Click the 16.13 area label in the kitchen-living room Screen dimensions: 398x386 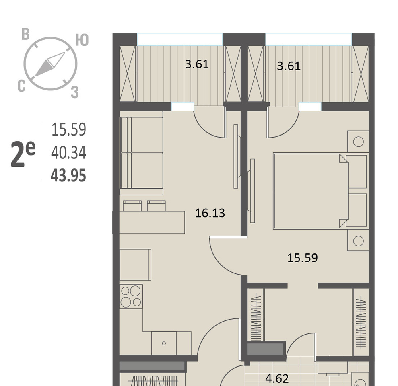click(x=210, y=213)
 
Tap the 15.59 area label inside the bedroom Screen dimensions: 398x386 click(x=302, y=258)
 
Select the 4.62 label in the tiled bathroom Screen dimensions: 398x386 click(x=277, y=379)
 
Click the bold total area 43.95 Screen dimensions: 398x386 click(x=68, y=175)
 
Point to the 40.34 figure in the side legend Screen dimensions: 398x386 click(x=68, y=152)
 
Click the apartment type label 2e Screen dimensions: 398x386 click(x=23, y=154)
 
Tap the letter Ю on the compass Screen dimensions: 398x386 click(x=82, y=40)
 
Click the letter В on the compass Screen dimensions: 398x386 click(x=25, y=34)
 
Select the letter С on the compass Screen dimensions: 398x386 click(x=22, y=86)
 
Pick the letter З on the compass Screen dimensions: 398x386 click(x=74, y=92)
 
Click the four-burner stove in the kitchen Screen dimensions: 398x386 click(x=131, y=296)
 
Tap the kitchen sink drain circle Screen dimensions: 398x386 click(x=164, y=343)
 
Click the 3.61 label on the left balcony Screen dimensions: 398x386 click(x=197, y=64)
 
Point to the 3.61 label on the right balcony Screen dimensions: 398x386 click(x=289, y=66)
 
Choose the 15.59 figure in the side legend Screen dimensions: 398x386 click(x=68, y=129)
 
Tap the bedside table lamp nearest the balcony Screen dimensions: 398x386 click(x=358, y=142)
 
